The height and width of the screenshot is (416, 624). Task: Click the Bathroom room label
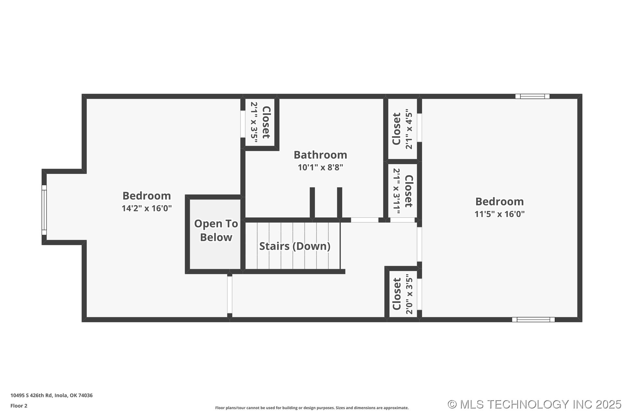point(320,155)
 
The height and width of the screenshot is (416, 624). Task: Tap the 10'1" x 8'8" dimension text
point(320,167)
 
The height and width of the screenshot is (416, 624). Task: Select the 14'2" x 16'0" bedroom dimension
point(147,208)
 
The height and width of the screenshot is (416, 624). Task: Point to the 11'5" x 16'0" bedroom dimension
point(500,214)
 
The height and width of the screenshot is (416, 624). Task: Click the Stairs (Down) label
point(294,246)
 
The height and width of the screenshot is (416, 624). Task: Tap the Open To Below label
point(216,230)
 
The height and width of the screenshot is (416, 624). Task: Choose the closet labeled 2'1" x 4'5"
point(402,129)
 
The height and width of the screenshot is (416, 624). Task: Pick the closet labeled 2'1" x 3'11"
point(402,191)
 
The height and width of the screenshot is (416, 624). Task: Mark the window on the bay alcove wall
point(44,210)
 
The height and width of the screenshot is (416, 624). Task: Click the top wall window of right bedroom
point(532,96)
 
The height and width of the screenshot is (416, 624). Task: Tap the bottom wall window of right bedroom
point(533,319)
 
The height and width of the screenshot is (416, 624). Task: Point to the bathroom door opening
point(365,220)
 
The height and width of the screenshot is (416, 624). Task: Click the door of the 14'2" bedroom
point(229,295)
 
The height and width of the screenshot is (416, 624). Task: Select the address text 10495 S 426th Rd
point(51,396)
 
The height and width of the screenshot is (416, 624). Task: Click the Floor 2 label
point(19,406)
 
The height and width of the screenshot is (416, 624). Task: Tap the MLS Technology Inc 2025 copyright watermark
point(534,404)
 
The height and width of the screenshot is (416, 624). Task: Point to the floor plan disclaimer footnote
point(312,408)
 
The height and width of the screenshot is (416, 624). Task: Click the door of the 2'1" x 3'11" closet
point(402,220)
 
